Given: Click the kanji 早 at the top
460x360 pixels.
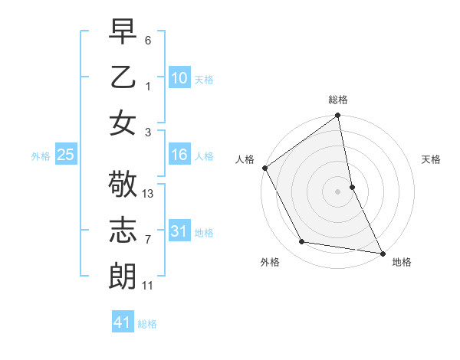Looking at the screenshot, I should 123,31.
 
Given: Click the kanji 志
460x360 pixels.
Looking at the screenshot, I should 123,231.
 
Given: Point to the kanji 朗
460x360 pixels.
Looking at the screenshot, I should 123,276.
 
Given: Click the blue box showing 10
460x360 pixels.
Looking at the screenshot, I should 179,77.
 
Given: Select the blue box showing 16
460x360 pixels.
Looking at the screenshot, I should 179,155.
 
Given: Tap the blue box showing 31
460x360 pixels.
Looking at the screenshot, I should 179,231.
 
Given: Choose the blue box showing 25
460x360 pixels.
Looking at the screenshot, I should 65,155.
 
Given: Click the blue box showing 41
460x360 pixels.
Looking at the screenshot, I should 123,322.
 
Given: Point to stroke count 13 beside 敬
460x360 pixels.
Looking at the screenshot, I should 149,194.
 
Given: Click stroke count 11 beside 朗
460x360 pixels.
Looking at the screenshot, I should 148,286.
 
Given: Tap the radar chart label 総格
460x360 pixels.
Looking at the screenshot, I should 338,100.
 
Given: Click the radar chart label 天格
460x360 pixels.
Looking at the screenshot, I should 431,159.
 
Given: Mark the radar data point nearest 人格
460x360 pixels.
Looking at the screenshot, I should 264,168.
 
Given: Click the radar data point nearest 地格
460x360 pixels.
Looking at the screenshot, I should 382,253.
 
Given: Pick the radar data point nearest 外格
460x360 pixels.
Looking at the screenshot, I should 302,242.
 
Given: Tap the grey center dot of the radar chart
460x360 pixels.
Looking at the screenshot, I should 337,191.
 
